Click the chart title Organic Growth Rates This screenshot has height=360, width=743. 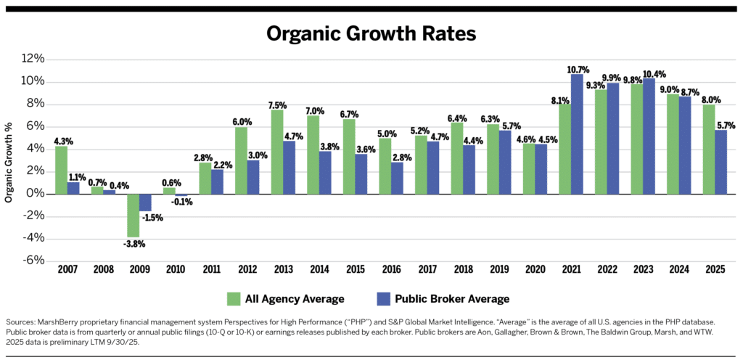pyautogui.click(x=371, y=34)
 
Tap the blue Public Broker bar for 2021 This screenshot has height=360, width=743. pyautogui.click(x=577, y=134)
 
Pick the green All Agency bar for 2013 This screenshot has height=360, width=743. pyautogui.click(x=277, y=152)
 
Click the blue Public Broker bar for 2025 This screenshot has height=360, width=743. pyautogui.click(x=721, y=162)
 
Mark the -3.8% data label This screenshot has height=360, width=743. pyautogui.click(x=132, y=243)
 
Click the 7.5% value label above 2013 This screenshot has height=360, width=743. pyautogui.click(x=276, y=104)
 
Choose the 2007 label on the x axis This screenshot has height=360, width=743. pyautogui.click(x=67, y=271)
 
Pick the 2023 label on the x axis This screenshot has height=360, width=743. pyautogui.click(x=643, y=271)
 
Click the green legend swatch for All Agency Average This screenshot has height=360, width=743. pyautogui.click(x=234, y=298)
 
